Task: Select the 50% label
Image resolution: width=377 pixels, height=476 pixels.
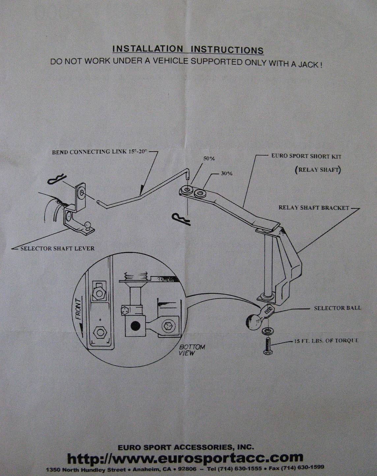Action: pos(209,158)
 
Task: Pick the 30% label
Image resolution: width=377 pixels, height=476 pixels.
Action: pos(227,174)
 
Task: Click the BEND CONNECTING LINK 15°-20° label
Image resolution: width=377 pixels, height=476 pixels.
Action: pos(100,152)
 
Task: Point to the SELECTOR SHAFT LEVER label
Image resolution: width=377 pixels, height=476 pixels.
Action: pos(58,248)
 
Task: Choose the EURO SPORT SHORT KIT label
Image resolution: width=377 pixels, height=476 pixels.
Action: pos(306,156)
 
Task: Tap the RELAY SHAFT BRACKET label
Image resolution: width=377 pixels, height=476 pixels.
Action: pos(314,208)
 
